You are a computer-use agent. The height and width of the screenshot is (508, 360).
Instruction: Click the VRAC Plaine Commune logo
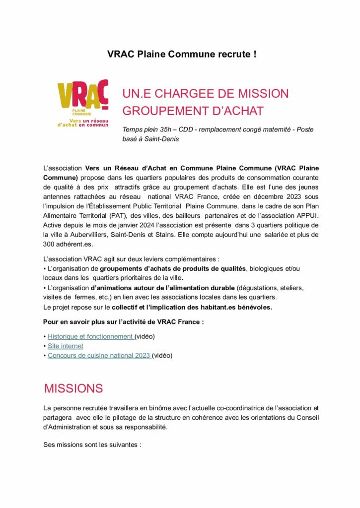[x=83, y=103]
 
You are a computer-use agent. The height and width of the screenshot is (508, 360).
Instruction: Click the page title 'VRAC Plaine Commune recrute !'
[x=182, y=54]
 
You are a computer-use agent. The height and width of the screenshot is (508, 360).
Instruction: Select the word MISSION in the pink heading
[x=259, y=93]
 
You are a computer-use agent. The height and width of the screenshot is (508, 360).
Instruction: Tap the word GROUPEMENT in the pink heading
[x=161, y=111]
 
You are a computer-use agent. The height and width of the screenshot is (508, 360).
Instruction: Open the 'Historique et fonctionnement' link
[x=90, y=336]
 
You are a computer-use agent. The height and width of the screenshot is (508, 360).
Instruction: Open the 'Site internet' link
[x=66, y=346]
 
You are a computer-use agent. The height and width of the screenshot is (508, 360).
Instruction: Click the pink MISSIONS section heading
[x=73, y=388]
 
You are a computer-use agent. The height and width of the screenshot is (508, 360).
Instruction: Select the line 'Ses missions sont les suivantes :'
[x=92, y=445]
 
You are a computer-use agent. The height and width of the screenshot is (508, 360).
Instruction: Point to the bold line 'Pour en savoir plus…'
[x=124, y=322]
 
